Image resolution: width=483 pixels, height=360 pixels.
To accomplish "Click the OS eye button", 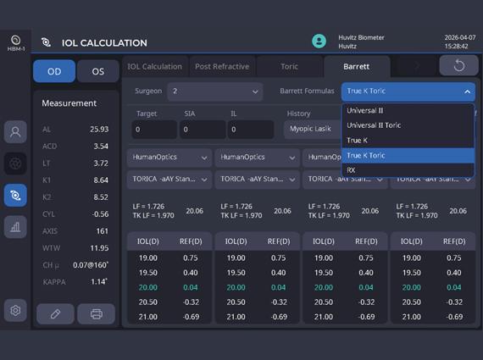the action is coord(98,71).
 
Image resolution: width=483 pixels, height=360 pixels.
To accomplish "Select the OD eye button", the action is coord(54,71).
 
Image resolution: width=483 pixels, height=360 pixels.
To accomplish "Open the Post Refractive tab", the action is coord(222,67).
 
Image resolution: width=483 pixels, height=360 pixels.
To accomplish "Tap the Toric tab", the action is coord(289,67).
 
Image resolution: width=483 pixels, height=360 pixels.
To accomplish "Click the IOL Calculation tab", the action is coord(154,67).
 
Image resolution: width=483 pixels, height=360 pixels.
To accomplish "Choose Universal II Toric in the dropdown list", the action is coord(374,125).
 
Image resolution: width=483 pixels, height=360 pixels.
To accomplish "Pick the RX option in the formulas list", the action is coord(351,170).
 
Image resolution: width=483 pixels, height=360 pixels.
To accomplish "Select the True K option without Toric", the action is coord(357,141).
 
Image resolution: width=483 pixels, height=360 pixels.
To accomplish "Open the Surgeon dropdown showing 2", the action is coord(215,91).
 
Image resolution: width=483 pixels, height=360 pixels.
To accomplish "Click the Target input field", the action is coord(154,130).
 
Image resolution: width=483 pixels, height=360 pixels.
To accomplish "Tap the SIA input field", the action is coord(203,130).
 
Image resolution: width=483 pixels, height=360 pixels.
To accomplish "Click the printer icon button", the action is coord(96,313).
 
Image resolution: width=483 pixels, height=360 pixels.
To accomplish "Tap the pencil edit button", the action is coord(55,313).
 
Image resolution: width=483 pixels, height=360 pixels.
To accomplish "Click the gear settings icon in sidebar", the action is coord(15,310).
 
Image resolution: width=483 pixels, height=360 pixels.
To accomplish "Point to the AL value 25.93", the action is coord(99,130).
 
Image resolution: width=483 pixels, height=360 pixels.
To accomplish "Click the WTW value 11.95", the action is coord(99,248).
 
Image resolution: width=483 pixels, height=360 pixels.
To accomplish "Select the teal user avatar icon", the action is coord(319,41).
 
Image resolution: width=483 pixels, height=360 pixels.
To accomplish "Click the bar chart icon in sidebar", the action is coord(15,227).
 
